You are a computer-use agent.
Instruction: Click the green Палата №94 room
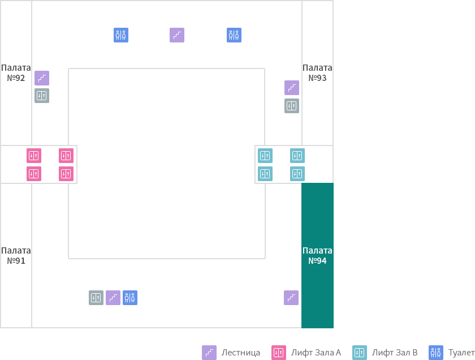click(x=317, y=255)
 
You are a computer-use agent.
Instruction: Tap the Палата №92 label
click(x=16, y=73)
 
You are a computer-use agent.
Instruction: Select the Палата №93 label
click(x=317, y=73)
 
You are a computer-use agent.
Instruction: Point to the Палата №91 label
click(x=16, y=256)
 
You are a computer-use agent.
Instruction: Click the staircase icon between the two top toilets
click(x=177, y=35)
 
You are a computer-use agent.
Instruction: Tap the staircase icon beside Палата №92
click(x=42, y=78)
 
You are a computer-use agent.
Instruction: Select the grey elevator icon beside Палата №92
click(x=42, y=96)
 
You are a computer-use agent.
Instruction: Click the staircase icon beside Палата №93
click(x=292, y=88)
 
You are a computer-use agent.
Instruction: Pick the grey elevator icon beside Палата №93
click(x=292, y=106)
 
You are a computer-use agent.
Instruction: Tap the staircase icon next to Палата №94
click(x=291, y=298)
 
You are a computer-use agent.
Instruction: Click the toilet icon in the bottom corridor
click(x=130, y=298)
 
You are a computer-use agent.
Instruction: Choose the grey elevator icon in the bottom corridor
click(x=96, y=298)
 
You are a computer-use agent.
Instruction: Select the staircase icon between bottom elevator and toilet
click(x=113, y=298)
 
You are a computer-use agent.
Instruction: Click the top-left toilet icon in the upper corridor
click(x=121, y=35)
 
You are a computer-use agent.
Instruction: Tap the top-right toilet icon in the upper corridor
click(x=234, y=35)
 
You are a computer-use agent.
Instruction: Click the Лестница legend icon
click(x=209, y=353)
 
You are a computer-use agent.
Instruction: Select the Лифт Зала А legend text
click(x=316, y=353)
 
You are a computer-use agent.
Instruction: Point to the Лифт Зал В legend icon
click(x=360, y=353)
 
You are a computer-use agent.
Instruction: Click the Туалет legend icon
click(x=436, y=353)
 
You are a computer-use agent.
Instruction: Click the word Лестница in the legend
click(x=241, y=353)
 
